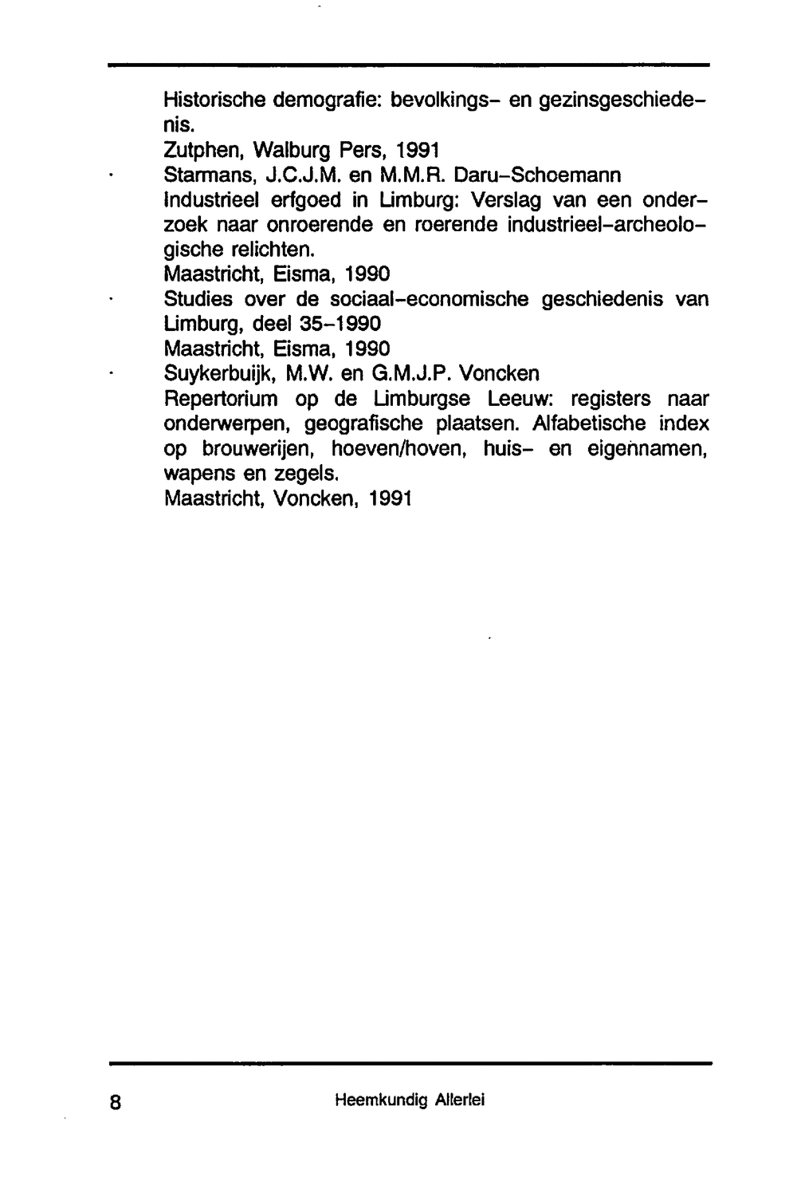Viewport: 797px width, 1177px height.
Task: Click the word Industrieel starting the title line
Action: (212, 199)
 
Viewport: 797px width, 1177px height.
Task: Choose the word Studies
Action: (198, 299)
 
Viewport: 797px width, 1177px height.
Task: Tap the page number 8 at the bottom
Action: (116, 1102)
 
